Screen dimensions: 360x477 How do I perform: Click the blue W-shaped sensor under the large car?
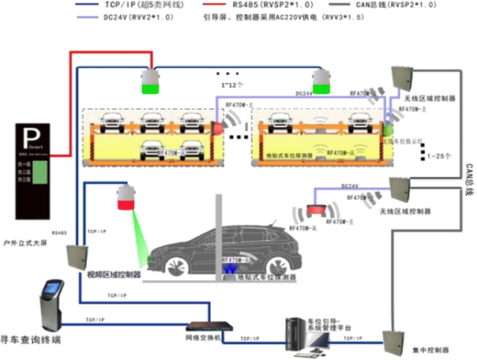click(230, 270)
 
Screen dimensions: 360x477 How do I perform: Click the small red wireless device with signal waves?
click(315, 209)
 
